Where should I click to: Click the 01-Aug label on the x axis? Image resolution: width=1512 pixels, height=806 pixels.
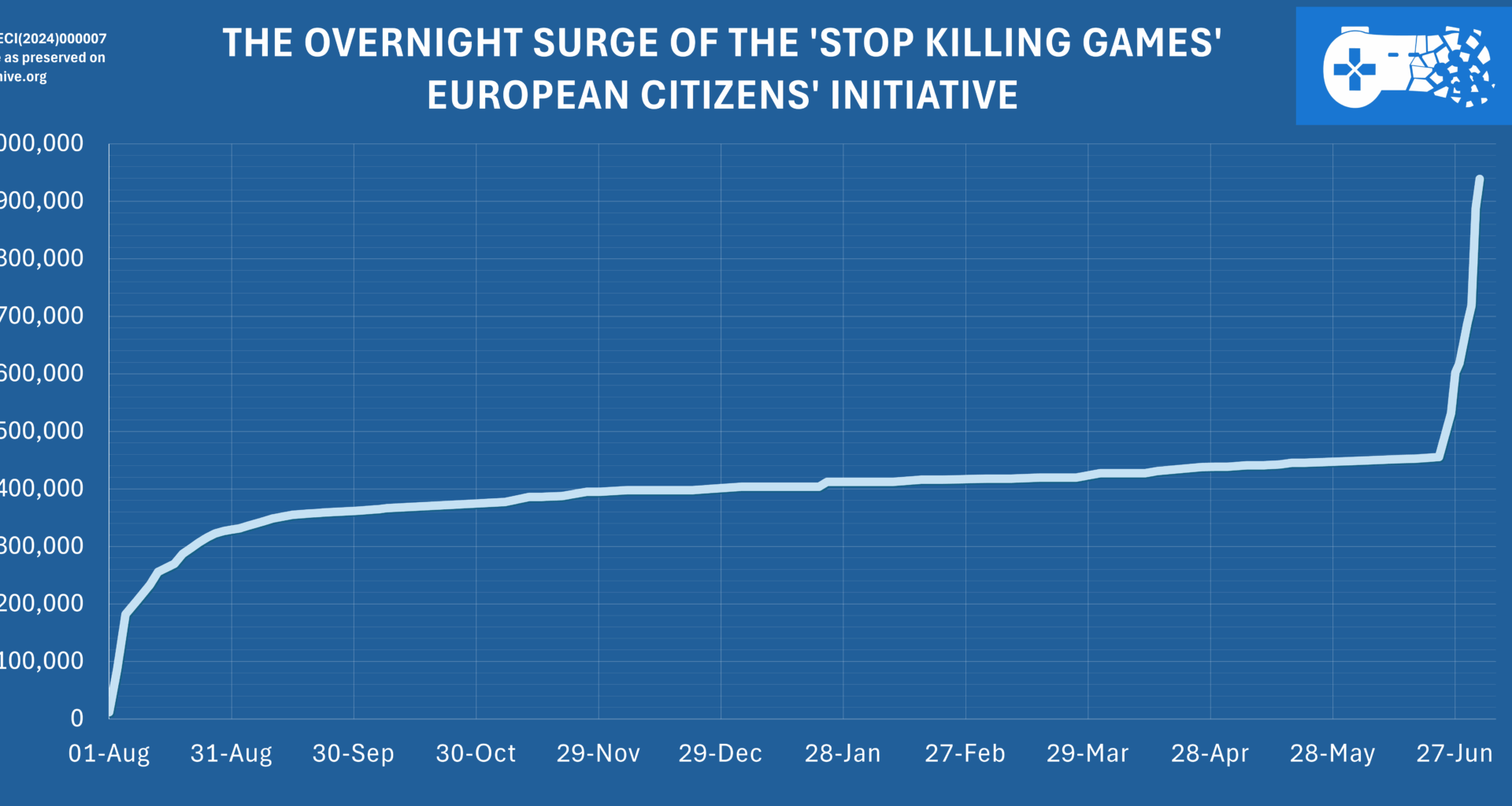coord(109,753)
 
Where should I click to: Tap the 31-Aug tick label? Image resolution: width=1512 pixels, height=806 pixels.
coord(231,753)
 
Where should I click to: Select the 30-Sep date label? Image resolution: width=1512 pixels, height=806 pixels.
coord(353,753)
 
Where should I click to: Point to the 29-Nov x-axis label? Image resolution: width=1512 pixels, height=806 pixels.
coord(598,753)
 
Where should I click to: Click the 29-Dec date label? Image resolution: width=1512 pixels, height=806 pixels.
coord(720,753)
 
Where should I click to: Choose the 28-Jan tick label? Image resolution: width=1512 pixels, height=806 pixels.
coord(843,753)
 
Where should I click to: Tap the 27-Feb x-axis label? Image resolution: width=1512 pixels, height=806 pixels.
coord(965,753)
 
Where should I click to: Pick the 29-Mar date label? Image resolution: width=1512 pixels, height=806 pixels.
coord(1087,753)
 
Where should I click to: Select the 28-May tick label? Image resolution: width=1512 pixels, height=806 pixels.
coord(1332,753)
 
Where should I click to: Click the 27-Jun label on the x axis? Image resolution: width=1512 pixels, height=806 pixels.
coord(1454,753)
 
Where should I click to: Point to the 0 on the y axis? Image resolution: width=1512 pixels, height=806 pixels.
coord(76,718)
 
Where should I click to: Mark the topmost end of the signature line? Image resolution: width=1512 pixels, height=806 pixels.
coord(1480,179)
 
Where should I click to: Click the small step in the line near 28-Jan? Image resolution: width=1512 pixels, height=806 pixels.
coord(824,483)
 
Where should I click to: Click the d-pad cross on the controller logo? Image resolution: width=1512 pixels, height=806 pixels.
coord(1354,69)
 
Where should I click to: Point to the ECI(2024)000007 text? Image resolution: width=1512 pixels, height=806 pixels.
coord(53,39)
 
